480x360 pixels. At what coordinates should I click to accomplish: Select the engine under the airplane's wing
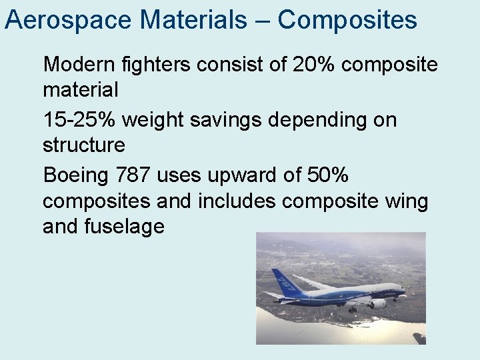[377, 303]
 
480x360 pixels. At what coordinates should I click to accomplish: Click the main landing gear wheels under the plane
[352, 309]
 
